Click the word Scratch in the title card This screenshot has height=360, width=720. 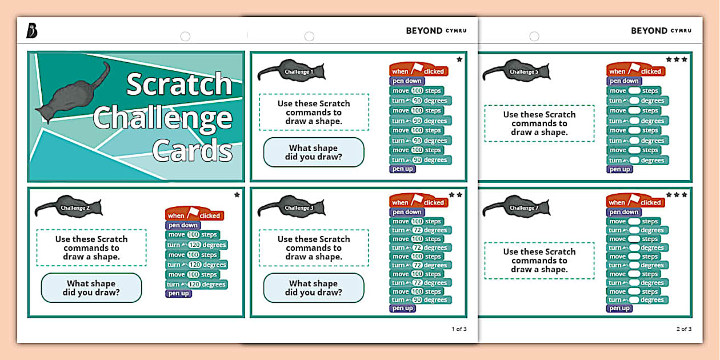[179, 85]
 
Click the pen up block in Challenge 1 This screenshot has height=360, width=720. [402, 169]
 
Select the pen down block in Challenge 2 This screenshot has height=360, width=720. [182, 225]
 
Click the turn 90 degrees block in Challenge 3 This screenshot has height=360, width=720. [421, 300]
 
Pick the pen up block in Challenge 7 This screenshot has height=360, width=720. [619, 309]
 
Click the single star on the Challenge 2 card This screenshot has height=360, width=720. [237, 195]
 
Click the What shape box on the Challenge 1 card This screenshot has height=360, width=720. [313, 152]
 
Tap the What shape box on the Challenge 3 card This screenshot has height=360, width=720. [313, 288]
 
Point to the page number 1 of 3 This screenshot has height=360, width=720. [459, 329]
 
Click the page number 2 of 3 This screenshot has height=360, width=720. [683, 329]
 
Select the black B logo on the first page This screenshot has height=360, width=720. [32, 31]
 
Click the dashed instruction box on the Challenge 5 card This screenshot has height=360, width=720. [539, 123]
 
